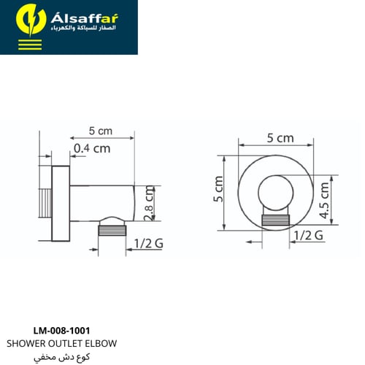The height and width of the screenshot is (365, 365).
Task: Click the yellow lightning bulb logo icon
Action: [x=31, y=20]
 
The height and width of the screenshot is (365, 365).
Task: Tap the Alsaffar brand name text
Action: [x=85, y=18]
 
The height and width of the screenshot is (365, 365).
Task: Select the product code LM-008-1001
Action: [x=61, y=331]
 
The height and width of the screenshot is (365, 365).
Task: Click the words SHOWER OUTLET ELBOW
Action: [x=61, y=343]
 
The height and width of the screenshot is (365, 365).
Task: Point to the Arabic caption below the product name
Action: [x=61, y=357]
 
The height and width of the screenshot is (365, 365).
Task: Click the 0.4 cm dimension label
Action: [x=92, y=148]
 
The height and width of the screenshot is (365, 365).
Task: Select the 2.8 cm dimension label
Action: [x=149, y=203]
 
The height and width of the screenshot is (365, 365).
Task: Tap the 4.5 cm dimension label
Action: [x=324, y=200]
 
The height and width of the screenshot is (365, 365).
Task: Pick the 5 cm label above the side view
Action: [x=101, y=131]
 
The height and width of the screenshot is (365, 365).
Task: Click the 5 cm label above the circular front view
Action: [x=280, y=138]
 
